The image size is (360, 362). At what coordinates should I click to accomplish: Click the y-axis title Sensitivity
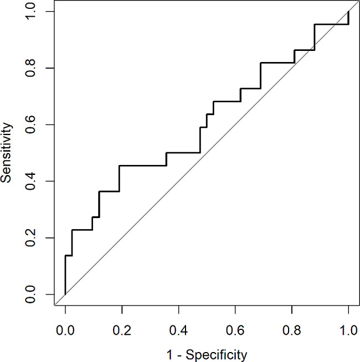(7, 153)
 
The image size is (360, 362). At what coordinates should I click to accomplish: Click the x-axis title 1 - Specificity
(207, 353)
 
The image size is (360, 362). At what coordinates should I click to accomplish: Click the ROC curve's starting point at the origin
(65, 294)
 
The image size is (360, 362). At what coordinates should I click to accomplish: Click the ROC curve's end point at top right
(348, 12)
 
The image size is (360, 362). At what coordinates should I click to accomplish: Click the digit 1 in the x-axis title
(169, 352)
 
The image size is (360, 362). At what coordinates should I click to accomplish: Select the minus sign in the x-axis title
(179, 353)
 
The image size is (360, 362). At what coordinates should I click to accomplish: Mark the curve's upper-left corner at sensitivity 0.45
(119, 166)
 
